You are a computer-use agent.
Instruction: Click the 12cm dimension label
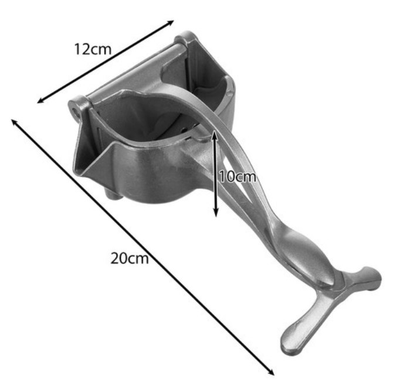pos(93,49)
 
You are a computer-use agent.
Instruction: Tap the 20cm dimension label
pos(129,258)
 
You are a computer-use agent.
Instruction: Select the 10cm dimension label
pos(238,177)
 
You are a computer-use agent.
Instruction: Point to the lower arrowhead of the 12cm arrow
pos(40,100)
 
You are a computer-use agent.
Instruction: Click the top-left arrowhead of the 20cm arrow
pos(14,122)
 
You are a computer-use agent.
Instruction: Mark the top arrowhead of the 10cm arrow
pos(214,134)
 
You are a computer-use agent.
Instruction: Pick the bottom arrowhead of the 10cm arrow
pos(216,213)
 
